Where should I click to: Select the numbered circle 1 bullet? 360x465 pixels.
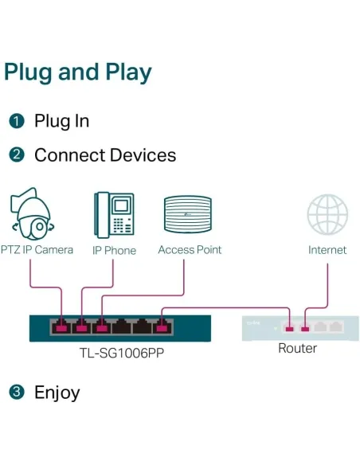(17, 122)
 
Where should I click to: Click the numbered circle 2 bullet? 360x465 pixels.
(17, 154)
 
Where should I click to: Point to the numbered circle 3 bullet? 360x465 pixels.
(17, 392)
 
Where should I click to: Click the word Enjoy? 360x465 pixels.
(57, 393)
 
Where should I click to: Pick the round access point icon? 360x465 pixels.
(188, 215)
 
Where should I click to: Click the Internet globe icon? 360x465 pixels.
(327, 215)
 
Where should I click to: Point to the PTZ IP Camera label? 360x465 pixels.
(37, 250)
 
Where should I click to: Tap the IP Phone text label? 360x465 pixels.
(114, 251)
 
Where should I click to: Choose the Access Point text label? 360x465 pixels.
(190, 250)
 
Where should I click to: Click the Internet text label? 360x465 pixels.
(327, 250)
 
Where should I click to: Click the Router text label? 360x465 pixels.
(297, 349)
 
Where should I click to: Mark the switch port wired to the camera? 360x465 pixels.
(61, 326)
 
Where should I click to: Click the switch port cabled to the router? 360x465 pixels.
(162, 326)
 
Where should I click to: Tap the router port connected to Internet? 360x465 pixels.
(305, 327)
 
